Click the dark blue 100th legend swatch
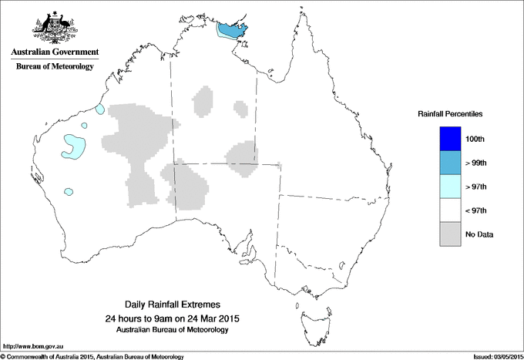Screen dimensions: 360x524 click(x=449, y=139)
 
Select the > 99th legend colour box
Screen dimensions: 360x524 click(x=449, y=163)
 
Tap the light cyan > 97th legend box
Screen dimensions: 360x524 click(x=449, y=187)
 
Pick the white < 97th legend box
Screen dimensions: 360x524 click(x=449, y=210)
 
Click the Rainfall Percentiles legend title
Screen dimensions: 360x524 click(x=450, y=113)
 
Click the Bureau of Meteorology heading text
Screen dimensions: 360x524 click(x=55, y=67)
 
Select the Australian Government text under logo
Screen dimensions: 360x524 click(x=55, y=52)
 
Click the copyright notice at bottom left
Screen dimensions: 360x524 click(x=92, y=356)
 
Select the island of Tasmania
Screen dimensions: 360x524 click(x=307, y=315)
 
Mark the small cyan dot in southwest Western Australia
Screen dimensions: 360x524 click(x=69, y=191)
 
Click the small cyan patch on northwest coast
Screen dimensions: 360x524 click(x=99, y=109)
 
